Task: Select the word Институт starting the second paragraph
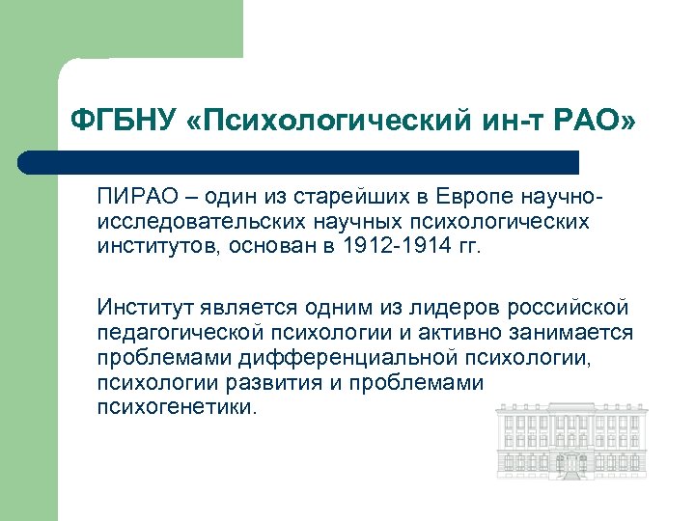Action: [145, 308]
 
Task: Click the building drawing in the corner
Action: [570, 443]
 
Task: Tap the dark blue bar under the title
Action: [299, 162]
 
